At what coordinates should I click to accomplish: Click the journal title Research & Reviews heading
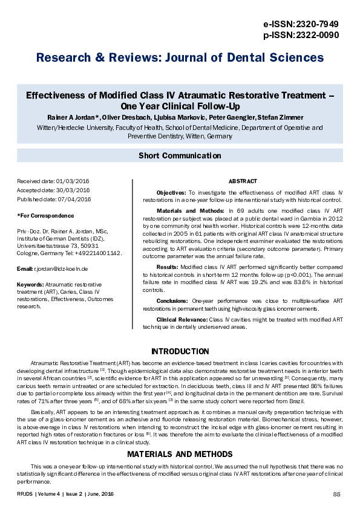pyautogui.click(x=180, y=58)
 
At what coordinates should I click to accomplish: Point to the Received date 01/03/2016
pyautogui.click(x=53, y=181)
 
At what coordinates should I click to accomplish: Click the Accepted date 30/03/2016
pyautogui.click(x=53, y=190)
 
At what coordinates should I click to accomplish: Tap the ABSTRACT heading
pyautogui.click(x=243, y=181)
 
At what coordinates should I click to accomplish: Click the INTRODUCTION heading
pyautogui.click(x=180, y=351)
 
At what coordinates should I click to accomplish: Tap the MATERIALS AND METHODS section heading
pyautogui.click(x=180, y=454)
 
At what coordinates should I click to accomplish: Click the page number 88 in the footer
pyautogui.click(x=337, y=494)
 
